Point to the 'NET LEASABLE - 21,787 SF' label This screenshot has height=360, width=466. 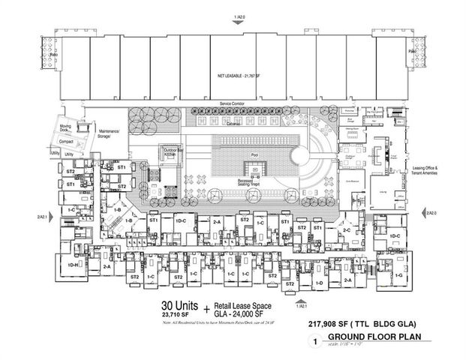click(x=234, y=76)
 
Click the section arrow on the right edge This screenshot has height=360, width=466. click(x=425, y=213)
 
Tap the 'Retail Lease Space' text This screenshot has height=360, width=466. click(x=245, y=306)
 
